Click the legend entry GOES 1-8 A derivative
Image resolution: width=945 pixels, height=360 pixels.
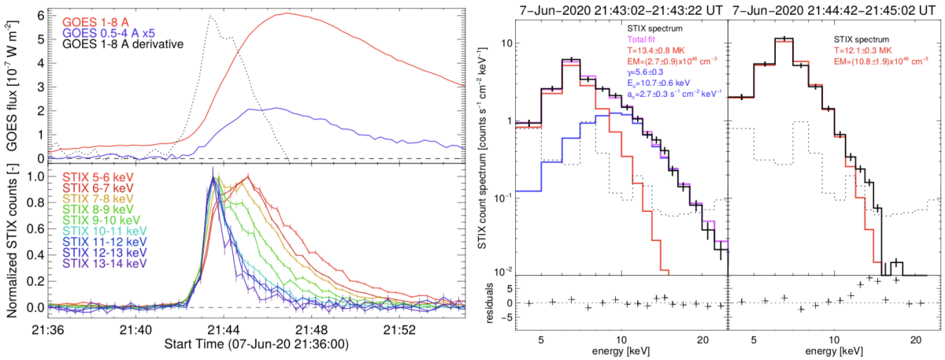click(119, 43)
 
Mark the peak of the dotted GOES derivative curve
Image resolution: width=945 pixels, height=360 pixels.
click(210, 16)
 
